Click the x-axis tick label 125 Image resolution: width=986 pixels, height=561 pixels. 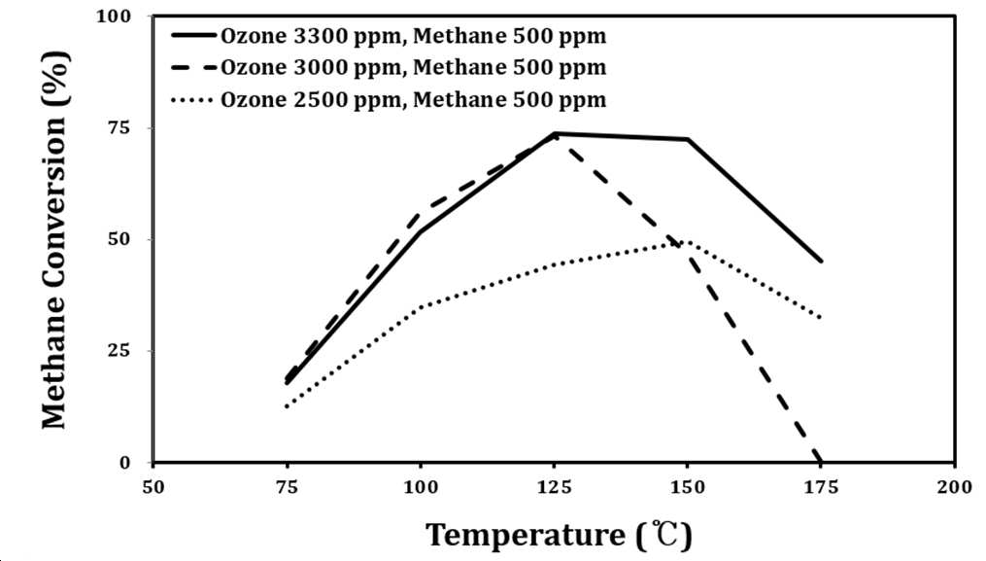554,487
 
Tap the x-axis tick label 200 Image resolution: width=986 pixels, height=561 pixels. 955,487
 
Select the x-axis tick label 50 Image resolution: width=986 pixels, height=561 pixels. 153,487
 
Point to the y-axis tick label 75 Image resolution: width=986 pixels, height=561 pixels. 120,127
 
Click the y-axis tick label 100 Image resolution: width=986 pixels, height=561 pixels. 114,16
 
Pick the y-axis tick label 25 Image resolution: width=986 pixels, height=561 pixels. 120,351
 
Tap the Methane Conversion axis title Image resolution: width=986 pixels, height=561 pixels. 54,238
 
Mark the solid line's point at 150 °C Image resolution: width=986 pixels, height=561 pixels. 688,139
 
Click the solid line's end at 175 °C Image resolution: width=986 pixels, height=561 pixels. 821,262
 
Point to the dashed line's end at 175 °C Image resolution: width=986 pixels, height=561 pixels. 821,462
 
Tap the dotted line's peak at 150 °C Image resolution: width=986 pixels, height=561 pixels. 688,241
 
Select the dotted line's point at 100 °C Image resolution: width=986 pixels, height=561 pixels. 420,307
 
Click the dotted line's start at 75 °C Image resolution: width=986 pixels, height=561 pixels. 287,406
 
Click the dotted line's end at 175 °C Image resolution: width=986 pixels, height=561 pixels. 821,318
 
